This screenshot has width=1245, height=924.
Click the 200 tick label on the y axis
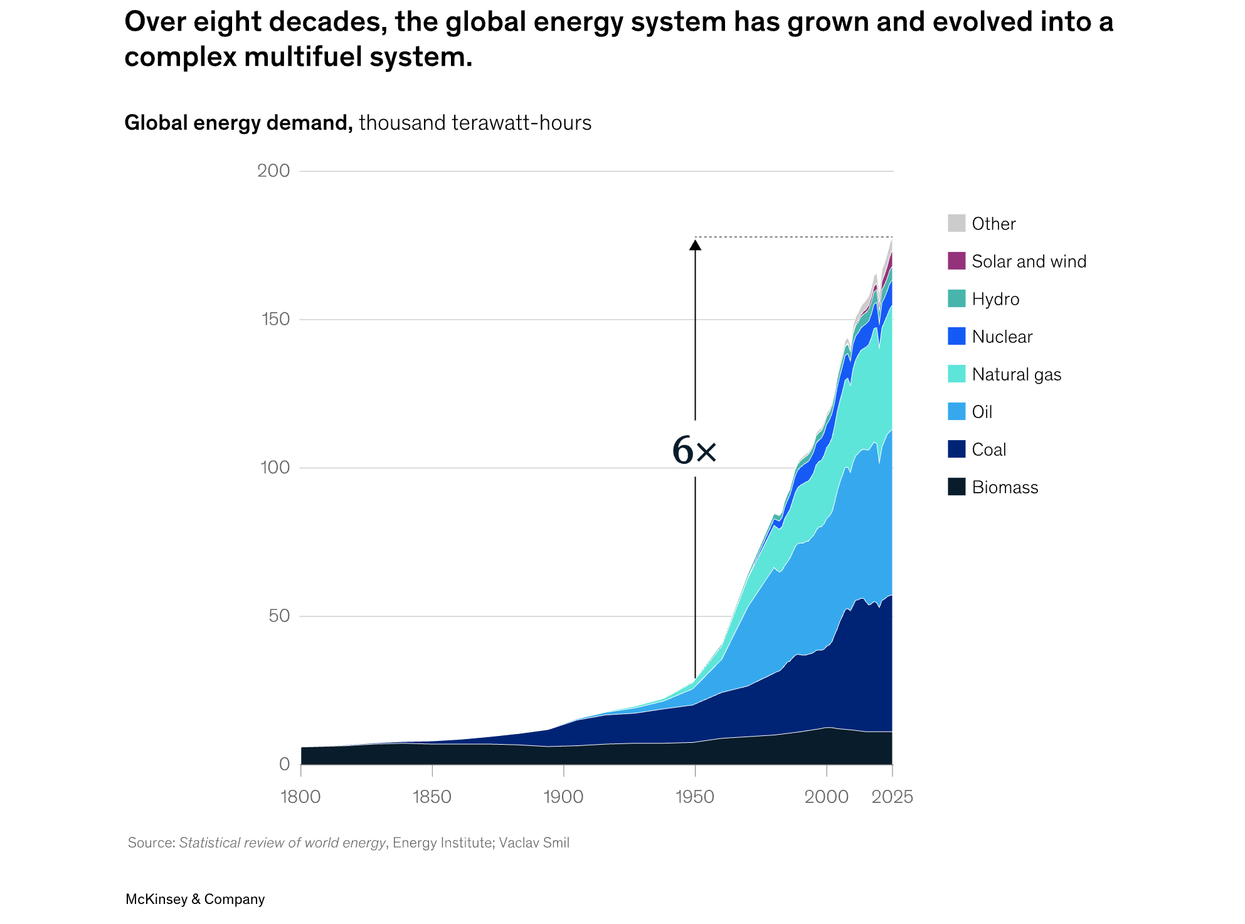pyautogui.click(x=273, y=171)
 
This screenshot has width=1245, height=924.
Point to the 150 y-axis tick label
pyautogui.click(x=275, y=319)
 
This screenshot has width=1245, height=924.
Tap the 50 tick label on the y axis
pyautogui.click(x=279, y=616)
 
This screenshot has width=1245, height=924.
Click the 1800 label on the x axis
pyautogui.click(x=300, y=797)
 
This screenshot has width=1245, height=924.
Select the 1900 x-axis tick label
pyautogui.click(x=563, y=797)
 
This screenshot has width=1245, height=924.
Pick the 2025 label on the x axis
pyautogui.click(x=893, y=797)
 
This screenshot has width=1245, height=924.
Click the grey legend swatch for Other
pyautogui.click(x=956, y=223)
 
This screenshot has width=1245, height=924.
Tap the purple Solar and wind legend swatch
pyautogui.click(x=956, y=261)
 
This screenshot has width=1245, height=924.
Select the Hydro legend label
pyautogui.click(x=995, y=299)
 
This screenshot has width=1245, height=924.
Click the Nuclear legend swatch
pyautogui.click(x=956, y=336)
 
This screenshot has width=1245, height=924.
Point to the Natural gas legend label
pyautogui.click(x=1017, y=374)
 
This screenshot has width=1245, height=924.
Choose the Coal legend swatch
pyautogui.click(x=956, y=449)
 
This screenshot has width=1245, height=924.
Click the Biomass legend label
pyautogui.click(x=1005, y=487)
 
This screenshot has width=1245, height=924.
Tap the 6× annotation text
pyautogui.click(x=694, y=450)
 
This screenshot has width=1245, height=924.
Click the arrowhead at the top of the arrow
pyautogui.click(x=695, y=244)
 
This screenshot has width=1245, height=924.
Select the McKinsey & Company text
pyautogui.click(x=195, y=899)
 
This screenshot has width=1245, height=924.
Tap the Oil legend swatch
pyautogui.click(x=956, y=411)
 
